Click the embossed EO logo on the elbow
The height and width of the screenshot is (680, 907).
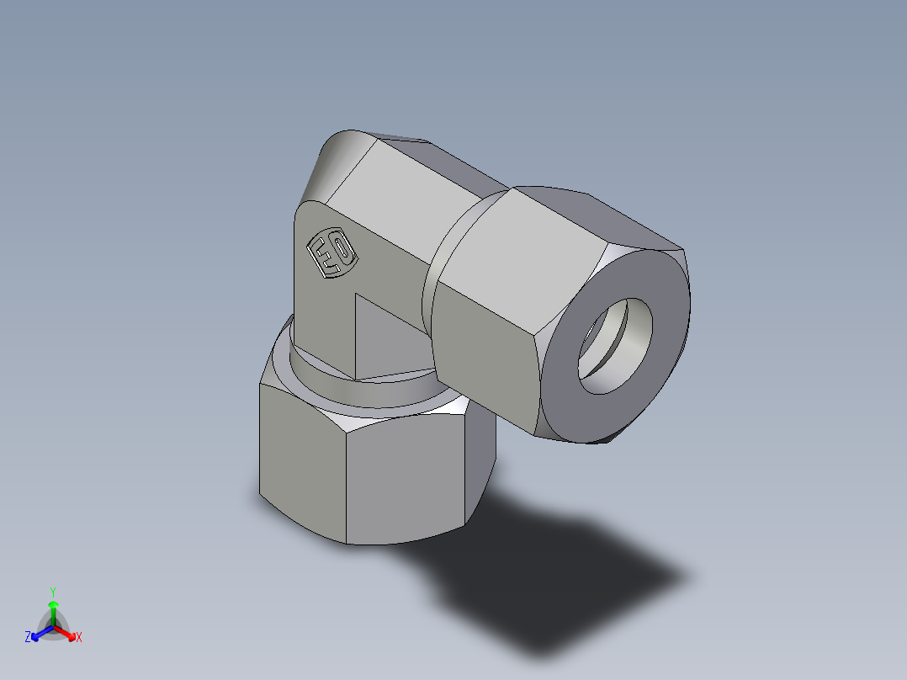(331, 253)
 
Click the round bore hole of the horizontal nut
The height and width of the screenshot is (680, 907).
(614, 345)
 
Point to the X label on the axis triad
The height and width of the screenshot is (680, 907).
(79, 638)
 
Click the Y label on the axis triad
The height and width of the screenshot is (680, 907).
(52, 592)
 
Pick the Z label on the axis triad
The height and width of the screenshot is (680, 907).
(28, 638)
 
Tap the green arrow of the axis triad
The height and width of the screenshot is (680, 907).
(53, 609)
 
